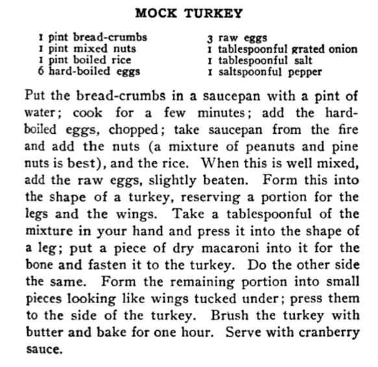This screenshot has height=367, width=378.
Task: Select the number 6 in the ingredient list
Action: [x=41, y=71]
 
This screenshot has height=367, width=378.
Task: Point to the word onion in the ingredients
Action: [x=343, y=49]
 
